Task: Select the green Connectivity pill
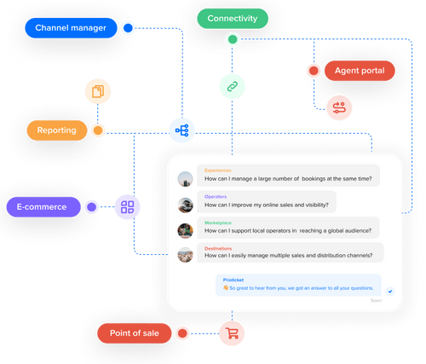point(232,19)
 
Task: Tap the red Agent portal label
point(360,70)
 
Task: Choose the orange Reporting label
point(57,130)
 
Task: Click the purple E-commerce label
point(43,206)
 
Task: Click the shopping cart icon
point(232,332)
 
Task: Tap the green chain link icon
point(232,85)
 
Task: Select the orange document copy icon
point(98,90)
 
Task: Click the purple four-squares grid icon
point(128,206)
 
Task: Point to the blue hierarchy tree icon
point(181,130)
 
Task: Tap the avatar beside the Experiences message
point(186,179)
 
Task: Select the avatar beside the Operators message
point(186,205)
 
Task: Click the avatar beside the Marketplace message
point(186,230)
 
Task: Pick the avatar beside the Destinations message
point(186,255)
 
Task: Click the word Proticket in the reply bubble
point(233,280)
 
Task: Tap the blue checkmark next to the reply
point(389,291)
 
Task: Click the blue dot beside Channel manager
point(128,28)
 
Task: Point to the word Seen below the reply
point(376,301)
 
